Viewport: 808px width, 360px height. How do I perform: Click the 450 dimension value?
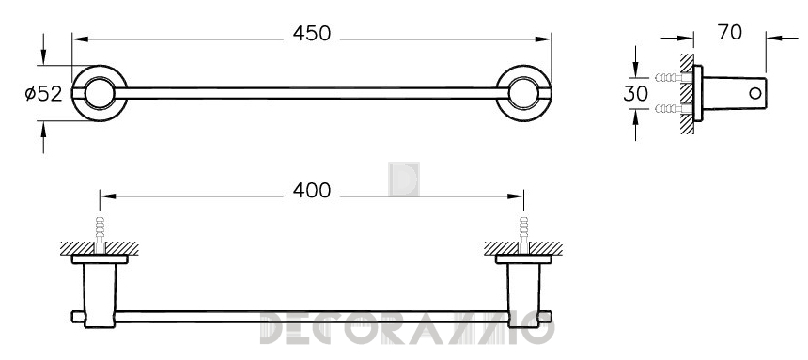(312, 34)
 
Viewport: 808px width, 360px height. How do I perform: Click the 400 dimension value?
(312, 191)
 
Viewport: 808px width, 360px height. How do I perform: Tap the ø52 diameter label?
(44, 94)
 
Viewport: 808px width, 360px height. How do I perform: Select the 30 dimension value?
(635, 94)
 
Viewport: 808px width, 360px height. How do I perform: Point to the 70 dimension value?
(730, 33)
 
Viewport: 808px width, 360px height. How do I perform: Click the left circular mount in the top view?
(100, 93)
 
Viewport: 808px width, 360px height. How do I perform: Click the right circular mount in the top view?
(523, 93)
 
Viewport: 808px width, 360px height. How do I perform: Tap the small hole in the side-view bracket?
(755, 93)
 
